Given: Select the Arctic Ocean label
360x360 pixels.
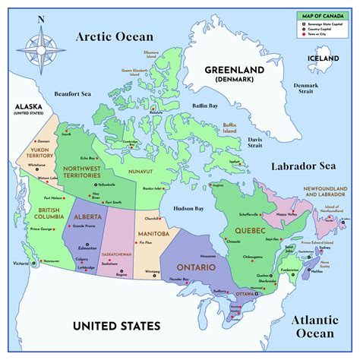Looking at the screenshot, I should coord(114,36).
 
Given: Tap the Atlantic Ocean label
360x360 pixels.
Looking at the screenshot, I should coord(313,326).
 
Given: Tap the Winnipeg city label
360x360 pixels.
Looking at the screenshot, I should coord(153,271).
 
